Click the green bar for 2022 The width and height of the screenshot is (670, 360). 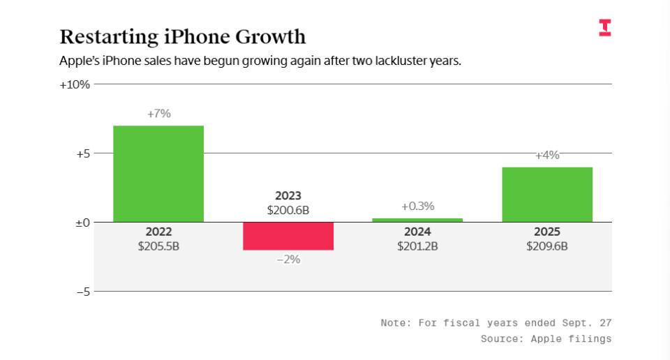(x=158, y=174)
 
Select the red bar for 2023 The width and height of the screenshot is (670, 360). (x=288, y=236)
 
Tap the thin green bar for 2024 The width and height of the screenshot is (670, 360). (x=417, y=220)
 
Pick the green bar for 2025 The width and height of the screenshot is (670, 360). (x=547, y=195)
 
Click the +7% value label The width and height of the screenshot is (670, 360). (x=158, y=114)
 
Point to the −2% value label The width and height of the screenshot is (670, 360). (x=288, y=259)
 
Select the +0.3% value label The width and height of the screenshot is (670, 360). (x=417, y=207)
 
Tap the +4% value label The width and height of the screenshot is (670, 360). (x=547, y=155)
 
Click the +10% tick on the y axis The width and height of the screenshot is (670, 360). (x=75, y=84)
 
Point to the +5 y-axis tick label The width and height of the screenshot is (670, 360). (x=82, y=153)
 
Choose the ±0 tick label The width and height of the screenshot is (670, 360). (x=82, y=223)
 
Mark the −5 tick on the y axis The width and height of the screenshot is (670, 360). (x=82, y=292)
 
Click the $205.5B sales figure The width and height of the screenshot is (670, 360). (x=158, y=246)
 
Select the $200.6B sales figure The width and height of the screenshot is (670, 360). (x=288, y=209)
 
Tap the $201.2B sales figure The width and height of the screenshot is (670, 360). (x=417, y=246)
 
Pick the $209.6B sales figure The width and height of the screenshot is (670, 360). (x=547, y=246)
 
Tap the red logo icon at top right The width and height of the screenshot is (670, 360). (x=604, y=28)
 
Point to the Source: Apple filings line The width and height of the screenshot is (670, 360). (x=546, y=339)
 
